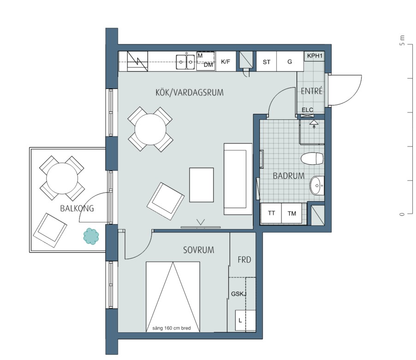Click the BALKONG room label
tap(77, 208)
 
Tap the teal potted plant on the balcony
tap(91, 236)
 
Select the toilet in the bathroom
tap(312, 158)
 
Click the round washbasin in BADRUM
tap(317, 186)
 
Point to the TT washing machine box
tap(271, 213)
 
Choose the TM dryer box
tap(291, 213)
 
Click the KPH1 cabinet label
tap(315, 56)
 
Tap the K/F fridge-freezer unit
tap(226, 61)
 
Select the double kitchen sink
tap(186, 62)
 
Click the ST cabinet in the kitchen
tap(267, 61)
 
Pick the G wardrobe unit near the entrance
tap(290, 61)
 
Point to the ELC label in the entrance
tap(307, 110)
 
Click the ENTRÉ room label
tap(312, 91)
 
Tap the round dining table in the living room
tap(150, 130)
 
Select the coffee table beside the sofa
tap(202, 185)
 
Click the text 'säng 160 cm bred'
tap(172, 328)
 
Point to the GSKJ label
tap(239, 294)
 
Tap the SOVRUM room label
tap(198, 250)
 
